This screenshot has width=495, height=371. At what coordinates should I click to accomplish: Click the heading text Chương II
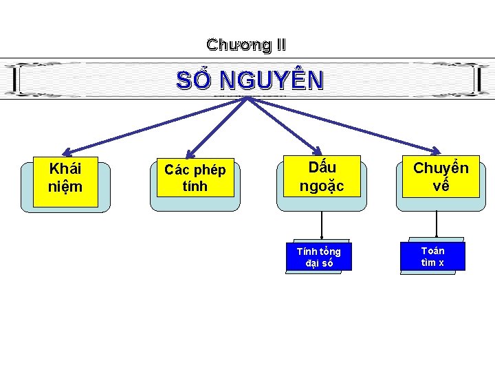tap(246, 45)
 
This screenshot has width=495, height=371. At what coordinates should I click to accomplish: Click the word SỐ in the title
tap(195, 80)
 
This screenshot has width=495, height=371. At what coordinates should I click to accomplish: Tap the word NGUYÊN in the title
tap(271, 80)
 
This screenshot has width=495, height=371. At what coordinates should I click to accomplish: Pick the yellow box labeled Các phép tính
tap(195, 178)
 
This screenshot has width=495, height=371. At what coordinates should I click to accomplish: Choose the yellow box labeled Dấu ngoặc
tap(321, 177)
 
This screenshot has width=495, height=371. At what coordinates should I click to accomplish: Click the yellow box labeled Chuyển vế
tap(441, 177)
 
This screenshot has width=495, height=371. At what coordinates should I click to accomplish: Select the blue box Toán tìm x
tap(432, 256)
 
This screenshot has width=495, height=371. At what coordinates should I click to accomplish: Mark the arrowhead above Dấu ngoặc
tap(317, 152)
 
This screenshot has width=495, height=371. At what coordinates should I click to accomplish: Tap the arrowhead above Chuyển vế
tap(437, 152)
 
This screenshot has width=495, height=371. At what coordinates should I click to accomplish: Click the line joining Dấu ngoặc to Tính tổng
tap(321, 225)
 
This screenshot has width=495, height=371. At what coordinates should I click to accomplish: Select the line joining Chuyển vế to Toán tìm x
tap(437, 224)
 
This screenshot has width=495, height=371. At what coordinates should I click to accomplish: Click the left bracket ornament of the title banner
tap(16, 80)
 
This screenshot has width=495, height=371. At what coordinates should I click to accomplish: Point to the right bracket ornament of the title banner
tap(478, 80)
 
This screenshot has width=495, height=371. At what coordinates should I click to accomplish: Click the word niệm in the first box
tap(65, 187)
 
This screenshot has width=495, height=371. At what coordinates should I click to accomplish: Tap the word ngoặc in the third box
tap(321, 185)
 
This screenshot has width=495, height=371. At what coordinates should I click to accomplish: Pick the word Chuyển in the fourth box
tap(441, 168)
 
